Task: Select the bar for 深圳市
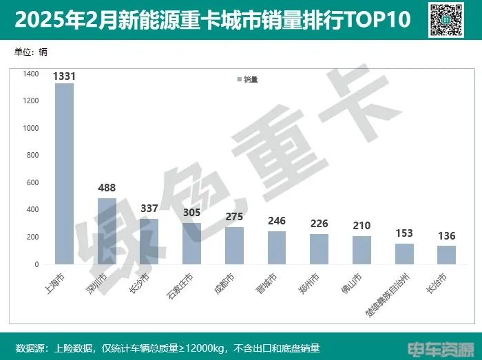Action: (x=107, y=231)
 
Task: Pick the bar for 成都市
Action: (x=234, y=246)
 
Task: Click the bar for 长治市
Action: (x=446, y=255)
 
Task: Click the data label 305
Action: (x=191, y=213)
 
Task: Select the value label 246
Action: (x=277, y=221)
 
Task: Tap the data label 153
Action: (x=404, y=233)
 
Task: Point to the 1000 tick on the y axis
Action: (x=31, y=128)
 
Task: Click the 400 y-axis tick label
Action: (x=33, y=209)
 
